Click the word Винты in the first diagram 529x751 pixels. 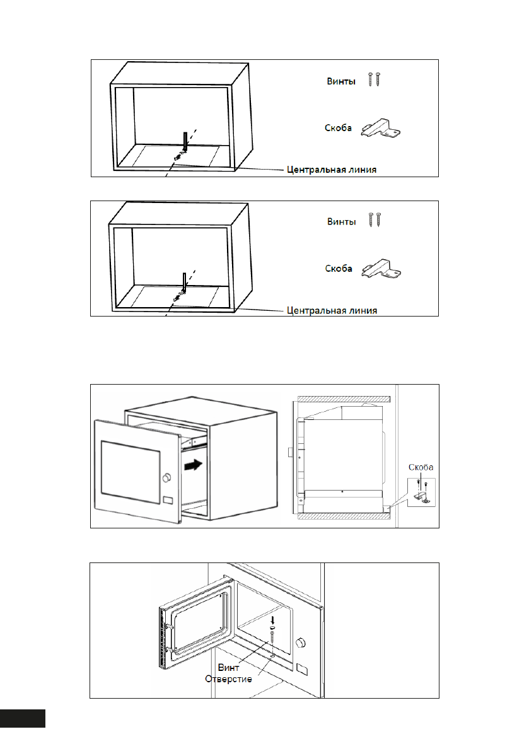pyautogui.click(x=341, y=81)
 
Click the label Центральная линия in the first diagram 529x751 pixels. pyautogui.click(x=332, y=170)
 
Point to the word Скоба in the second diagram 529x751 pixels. pyautogui.click(x=338, y=269)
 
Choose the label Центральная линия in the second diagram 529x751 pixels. pyautogui.click(x=332, y=310)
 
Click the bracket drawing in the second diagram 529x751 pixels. pyautogui.click(x=380, y=269)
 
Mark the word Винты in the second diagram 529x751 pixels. pyautogui.click(x=341, y=222)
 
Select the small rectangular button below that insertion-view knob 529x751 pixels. pyautogui.click(x=168, y=501)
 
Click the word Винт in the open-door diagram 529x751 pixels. pyautogui.click(x=229, y=667)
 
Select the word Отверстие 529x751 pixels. pyautogui.click(x=229, y=679)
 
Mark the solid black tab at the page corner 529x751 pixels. pyautogui.click(x=23, y=718)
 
